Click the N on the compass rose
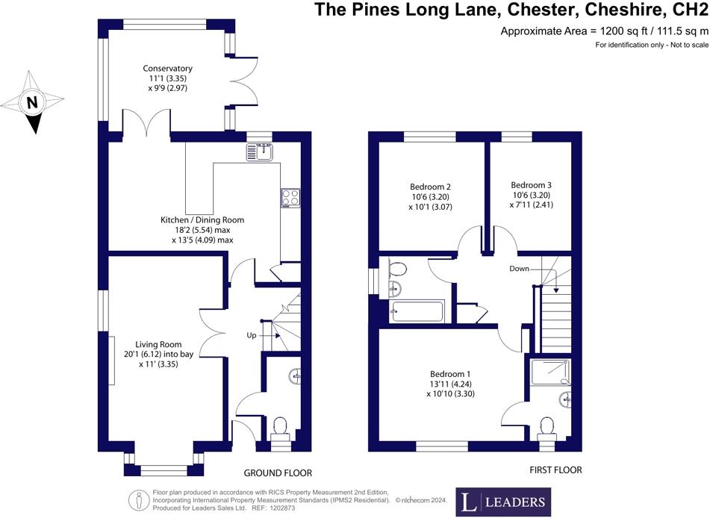coord(31,102)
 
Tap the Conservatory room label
coord(167,69)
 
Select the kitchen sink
coord(260,152)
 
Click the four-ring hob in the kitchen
coord(290,198)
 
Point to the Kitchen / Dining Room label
coord(202,220)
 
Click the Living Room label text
coord(158,344)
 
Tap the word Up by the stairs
coord(252,335)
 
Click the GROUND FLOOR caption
coord(278,473)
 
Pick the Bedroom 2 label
coord(430,187)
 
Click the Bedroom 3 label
coord(531,185)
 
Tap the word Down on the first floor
coord(519,269)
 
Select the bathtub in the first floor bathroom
coord(417,311)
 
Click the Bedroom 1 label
coord(450,374)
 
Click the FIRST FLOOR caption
coord(555,470)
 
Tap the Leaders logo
coord(503,502)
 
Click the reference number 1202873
coord(281,508)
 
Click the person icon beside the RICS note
coord(139,501)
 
